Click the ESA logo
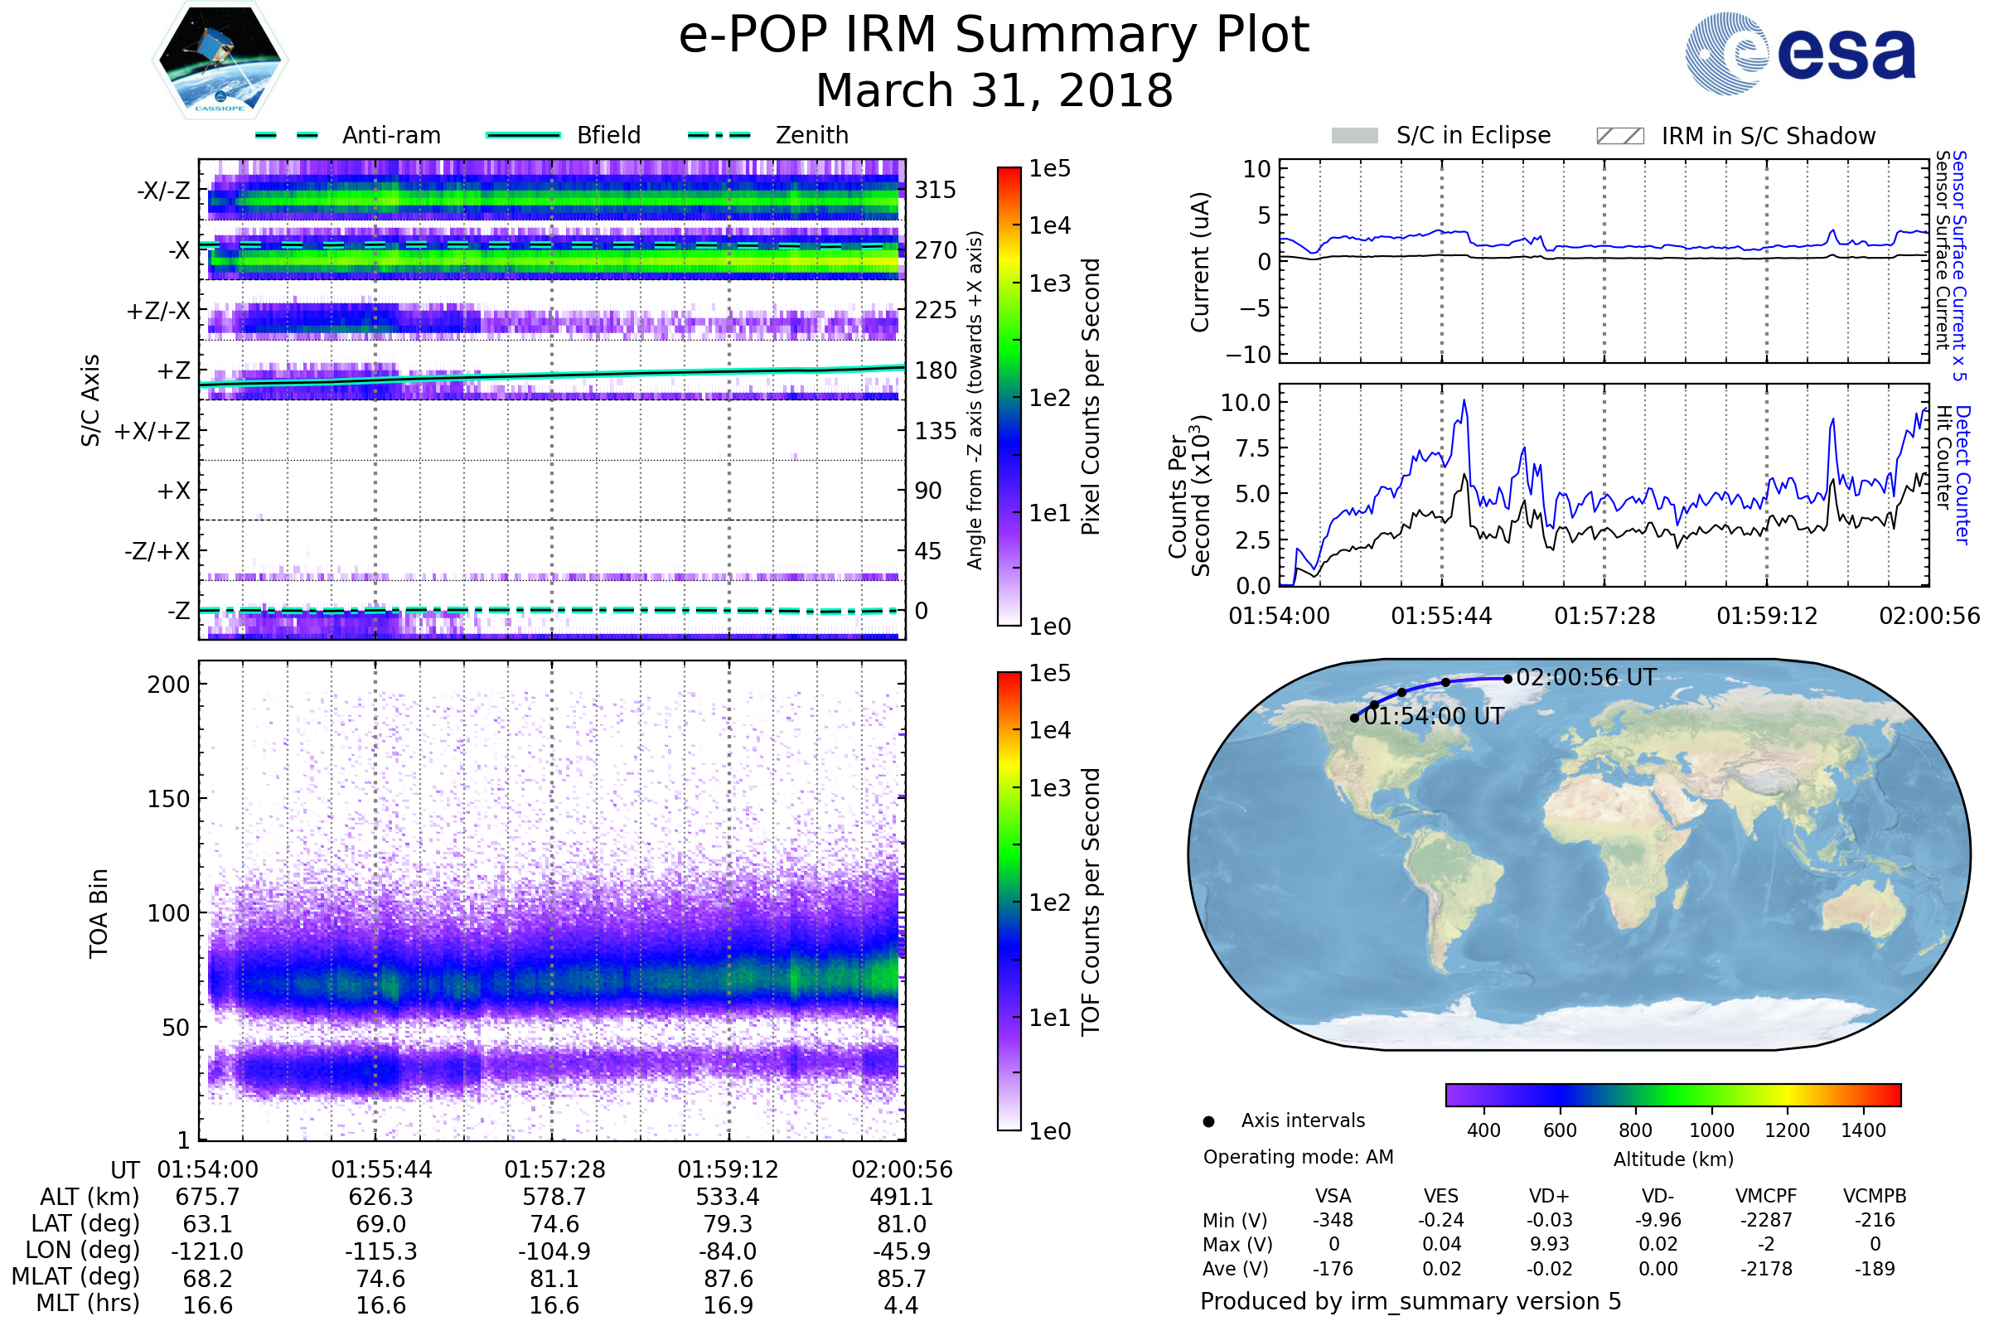(x=1800, y=53)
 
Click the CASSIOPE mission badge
(x=220, y=60)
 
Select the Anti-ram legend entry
(x=347, y=135)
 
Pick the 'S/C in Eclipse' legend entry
(x=1441, y=135)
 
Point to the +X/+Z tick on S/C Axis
(x=152, y=431)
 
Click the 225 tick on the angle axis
(x=936, y=310)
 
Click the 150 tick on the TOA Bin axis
(x=169, y=799)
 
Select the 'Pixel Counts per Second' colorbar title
(x=1091, y=397)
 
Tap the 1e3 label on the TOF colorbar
(x=1049, y=788)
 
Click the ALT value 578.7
(x=554, y=1198)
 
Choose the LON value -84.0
(x=728, y=1251)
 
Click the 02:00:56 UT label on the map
(x=1586, y=677)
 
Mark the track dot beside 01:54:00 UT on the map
(x=1355, y=718)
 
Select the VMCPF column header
(x=1766, y=1197)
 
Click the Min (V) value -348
(x=1333, y=1220)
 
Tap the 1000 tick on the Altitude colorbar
(x=1711, y=1130)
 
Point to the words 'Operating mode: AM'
(x=1298, y=1157)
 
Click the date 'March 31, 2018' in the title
(x=994, y=90)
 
